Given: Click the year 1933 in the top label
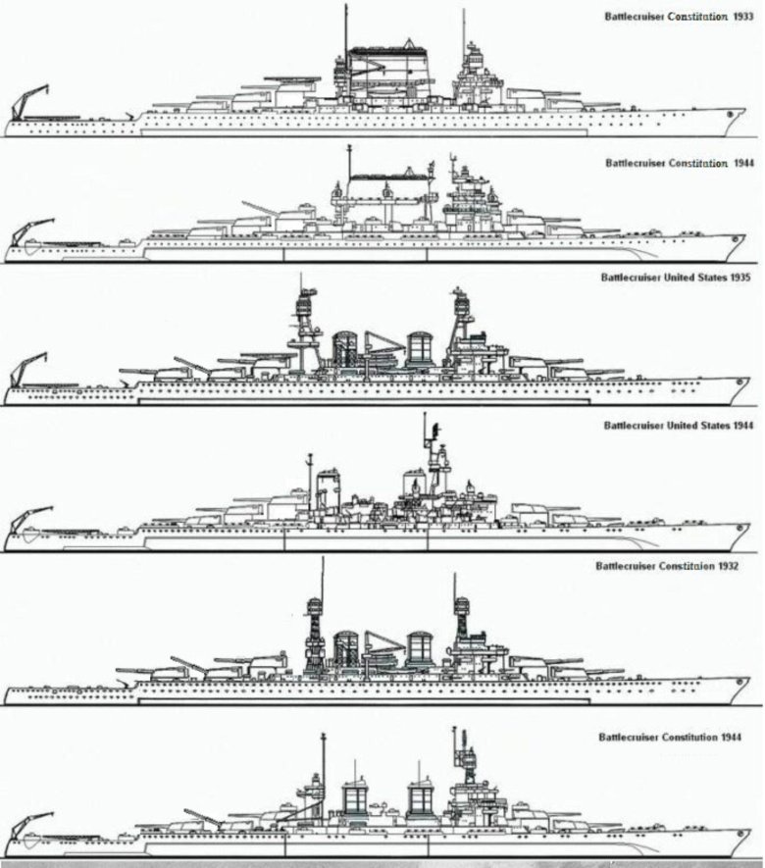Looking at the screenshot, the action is [x=743, y=17].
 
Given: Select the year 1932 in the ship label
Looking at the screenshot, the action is [x=728, y=566].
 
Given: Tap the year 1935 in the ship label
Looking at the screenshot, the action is [x=740, y=278].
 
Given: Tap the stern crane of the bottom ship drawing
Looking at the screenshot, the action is [x=30, y=831].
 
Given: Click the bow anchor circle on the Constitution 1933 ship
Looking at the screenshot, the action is [x=730, y=114].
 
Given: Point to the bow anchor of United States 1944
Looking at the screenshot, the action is [x=739, y=529].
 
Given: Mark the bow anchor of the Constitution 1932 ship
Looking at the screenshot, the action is [x=739, y=682].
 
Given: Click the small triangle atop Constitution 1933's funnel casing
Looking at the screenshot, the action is [x=409, y=44].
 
